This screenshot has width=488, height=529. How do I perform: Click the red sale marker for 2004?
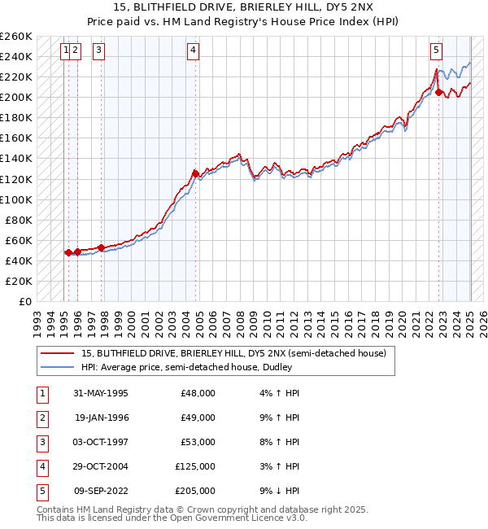point(196,173)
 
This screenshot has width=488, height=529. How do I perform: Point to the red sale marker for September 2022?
point(439,92)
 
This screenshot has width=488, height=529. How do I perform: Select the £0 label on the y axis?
point(26,301)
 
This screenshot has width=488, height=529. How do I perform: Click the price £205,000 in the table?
point(195,492)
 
